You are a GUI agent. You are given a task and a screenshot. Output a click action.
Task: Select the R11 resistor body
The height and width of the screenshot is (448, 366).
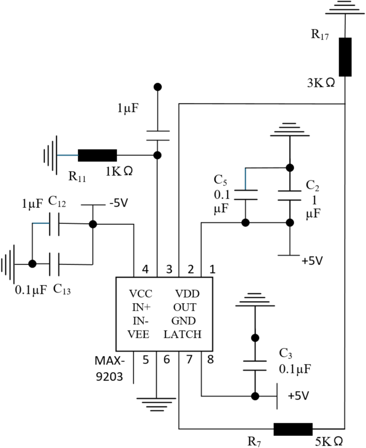tap(97, 155)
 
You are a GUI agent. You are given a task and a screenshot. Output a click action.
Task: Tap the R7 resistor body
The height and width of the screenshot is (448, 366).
tap(293, 429)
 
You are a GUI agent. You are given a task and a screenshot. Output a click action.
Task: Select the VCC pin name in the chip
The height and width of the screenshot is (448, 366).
tap(141, 294)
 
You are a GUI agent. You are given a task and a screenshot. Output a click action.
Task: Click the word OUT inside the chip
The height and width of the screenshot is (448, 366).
tap(185, 308)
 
